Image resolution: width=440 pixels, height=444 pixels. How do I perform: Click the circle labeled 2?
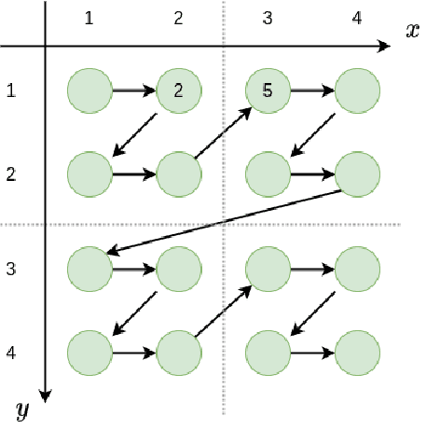pyautogui.click(x=180, y=90)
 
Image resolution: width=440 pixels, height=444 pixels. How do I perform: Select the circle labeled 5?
pyautogui.click(x=268, y=90)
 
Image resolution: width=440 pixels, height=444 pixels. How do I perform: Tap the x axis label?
pyautogui.click(x=411, y=29)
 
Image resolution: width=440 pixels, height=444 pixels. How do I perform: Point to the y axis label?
pyautogui.click(x=21, y=409)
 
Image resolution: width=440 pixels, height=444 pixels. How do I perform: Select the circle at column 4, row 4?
pyautogui.click(x=357, y=354)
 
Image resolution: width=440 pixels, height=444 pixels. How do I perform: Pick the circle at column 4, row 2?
pyautogui.click(x=357, y=173)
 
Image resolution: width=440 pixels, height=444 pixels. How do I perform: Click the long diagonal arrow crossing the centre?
pyautogui.click(x=224, y=222)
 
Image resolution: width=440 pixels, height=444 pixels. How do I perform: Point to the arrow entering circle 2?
pyautogui.click(x=135, y=90)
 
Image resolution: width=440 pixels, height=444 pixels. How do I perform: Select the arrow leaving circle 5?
pyautogui.click(x=312, y=90)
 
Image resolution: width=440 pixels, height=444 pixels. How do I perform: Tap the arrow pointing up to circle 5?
pyautogui.click(x=224, y=132)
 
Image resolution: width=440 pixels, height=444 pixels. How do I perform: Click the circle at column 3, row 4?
pyautogui.click(x=268, y=354)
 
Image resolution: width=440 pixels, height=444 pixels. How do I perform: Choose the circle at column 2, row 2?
pyautogui.click(x=180, y=173)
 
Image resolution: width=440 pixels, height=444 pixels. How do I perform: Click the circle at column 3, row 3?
pyautogui.click(x=268, y=269)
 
